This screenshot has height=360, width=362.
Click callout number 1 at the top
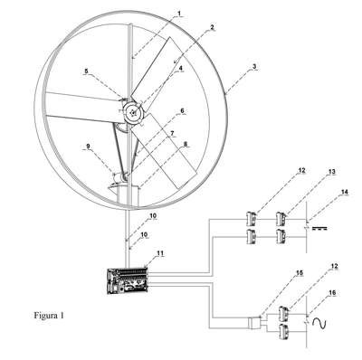[x=179, y=14]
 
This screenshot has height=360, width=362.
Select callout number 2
[x=212, y=27]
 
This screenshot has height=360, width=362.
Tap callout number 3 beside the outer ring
[x=254, y=66]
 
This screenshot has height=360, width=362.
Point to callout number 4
[x=181, y=69]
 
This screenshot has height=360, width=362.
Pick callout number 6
[x=182, y=110]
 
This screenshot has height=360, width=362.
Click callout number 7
[x=173, y=133]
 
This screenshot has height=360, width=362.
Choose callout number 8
[x=186, y=145]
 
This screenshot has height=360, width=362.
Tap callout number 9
[x=88, y=147]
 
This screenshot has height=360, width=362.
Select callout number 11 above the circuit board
[x=160, y=253]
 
